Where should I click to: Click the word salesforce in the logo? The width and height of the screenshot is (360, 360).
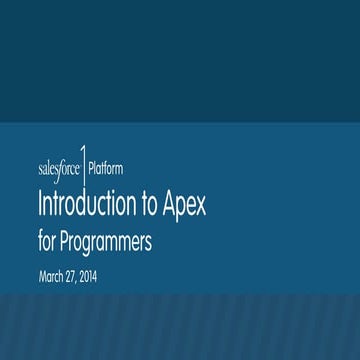[x=58, y=167]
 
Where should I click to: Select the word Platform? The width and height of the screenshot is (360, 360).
[x=106, y=167]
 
